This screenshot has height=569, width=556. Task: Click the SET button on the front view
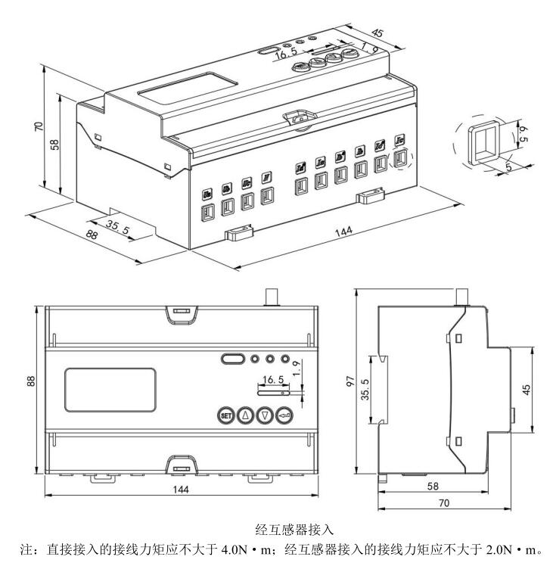(x=225, y=414)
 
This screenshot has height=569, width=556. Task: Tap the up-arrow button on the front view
(x=244, y=414)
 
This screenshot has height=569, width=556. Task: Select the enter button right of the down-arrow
(x=284, y=414)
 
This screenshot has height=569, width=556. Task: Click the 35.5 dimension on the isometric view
(x=116, y=227)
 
